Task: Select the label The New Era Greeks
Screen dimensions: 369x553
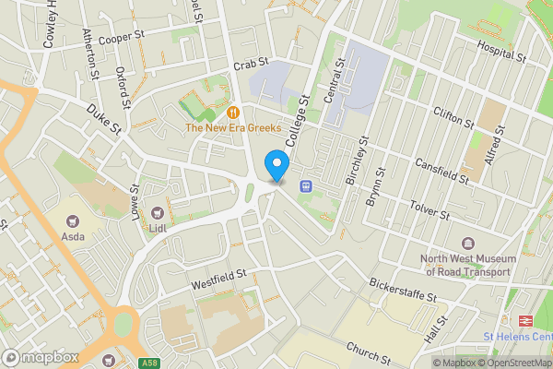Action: [233, 128]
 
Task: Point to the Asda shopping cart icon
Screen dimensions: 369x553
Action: [73, 220]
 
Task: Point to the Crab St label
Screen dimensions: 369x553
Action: [249, 64]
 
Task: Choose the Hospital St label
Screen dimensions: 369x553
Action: [500, 51]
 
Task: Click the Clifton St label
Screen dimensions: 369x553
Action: [453, 117]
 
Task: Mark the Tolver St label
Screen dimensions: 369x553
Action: [429, 209]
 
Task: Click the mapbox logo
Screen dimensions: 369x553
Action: [39, 356]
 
